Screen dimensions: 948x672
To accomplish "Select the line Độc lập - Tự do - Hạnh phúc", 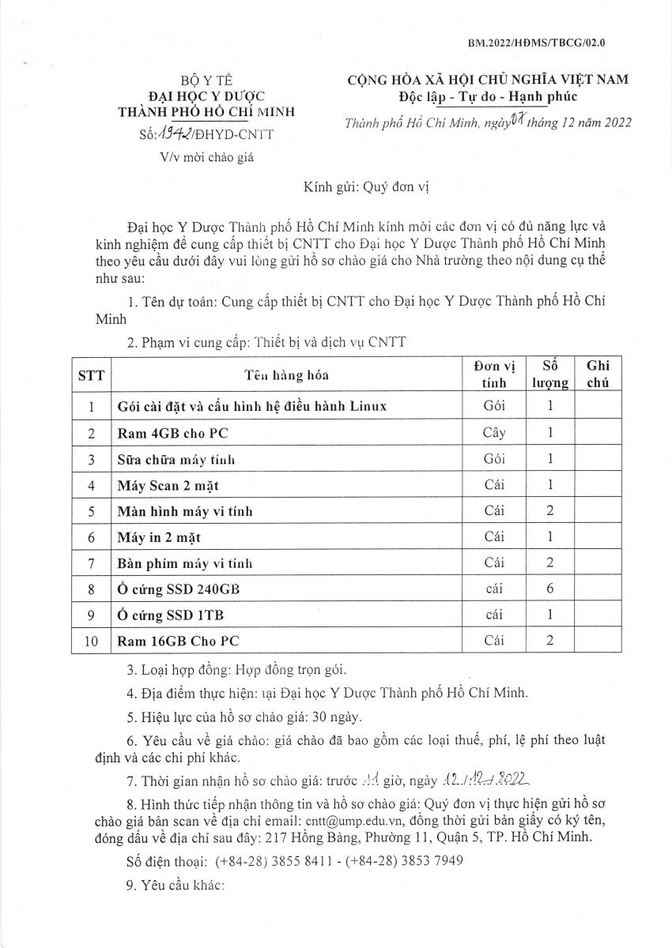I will [x=489, y=96].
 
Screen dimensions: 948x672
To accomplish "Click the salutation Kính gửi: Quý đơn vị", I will [x=370, y=189].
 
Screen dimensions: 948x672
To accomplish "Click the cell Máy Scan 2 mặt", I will [x=166, y=484].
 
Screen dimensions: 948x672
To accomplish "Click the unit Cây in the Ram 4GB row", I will [x=493, y=433].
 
